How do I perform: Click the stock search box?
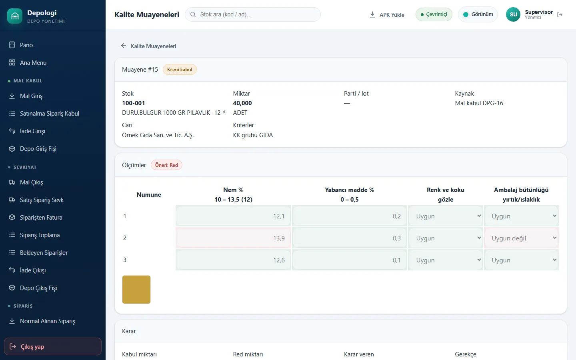click(x=252, y=14)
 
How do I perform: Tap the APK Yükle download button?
click(x=387, y=15)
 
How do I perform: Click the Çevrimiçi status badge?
click(x=434, y=14)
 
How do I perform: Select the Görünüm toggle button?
click(x=478, y=14)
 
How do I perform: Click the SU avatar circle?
click(x=513, y=14)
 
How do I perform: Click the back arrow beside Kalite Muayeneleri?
click(x=124, y=46)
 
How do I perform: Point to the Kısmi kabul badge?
click(x=180, y=70)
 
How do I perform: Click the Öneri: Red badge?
click(x=166, y=165)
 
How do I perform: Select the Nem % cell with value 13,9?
click(x=234, y=238)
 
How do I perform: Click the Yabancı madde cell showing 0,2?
click(x=350, y=216)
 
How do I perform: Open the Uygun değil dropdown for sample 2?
click(x=521, y=238)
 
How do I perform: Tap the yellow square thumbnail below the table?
click(x=136, y=290)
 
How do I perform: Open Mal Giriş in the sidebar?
click(x=31, y=96)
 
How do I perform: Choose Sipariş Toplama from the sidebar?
click(x=40, y=235)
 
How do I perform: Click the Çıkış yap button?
click(x=53, y=347)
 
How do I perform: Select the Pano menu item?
click(x=26, y=45)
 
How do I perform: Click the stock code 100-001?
click(x=133, y=103)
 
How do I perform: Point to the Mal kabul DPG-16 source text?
click(x=479, y=103)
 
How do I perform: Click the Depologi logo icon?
click(x=15, y=16)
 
